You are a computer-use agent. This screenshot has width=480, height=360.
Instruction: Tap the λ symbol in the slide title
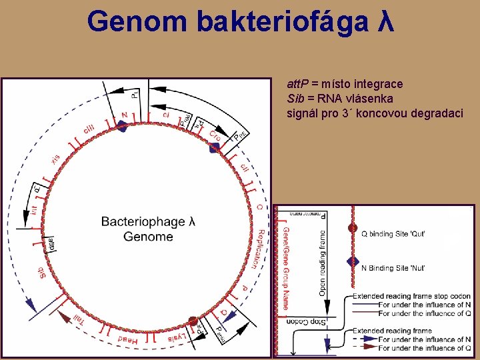385,21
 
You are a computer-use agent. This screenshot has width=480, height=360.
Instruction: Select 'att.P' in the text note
301,85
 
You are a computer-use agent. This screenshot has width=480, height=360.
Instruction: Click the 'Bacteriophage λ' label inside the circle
148,221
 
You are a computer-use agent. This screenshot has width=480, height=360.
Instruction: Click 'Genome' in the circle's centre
148,237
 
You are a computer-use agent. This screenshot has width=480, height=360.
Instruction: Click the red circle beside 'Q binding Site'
353,228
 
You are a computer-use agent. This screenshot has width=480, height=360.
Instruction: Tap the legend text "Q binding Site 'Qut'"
393,234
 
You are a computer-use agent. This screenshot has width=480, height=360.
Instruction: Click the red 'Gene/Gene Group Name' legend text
286,269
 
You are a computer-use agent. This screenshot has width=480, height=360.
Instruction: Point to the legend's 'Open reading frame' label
323,263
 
